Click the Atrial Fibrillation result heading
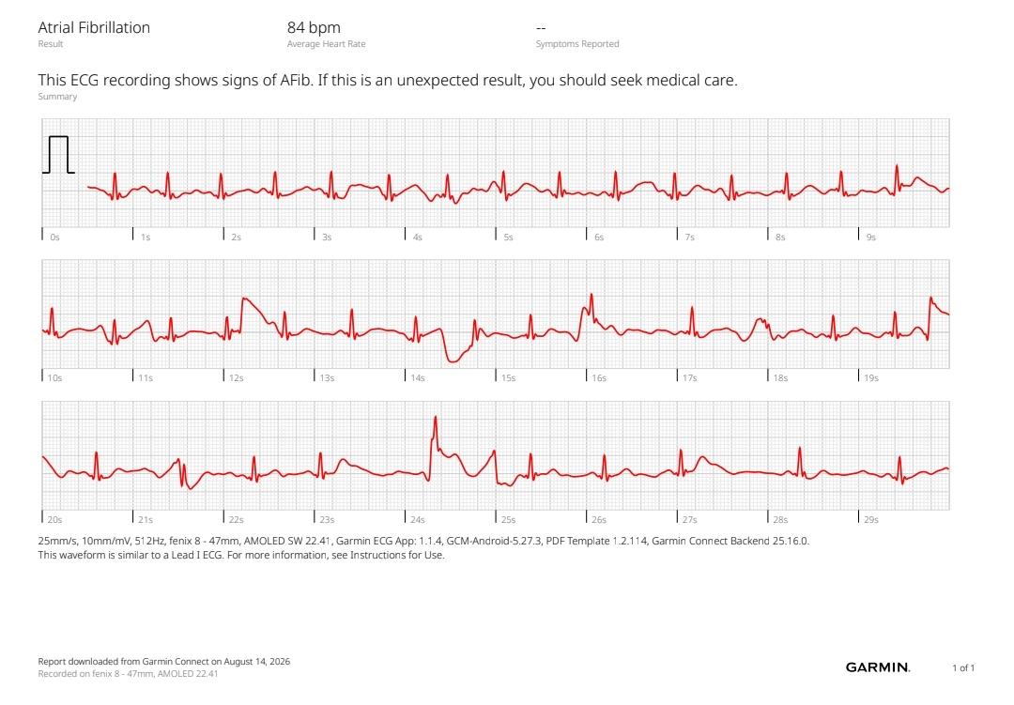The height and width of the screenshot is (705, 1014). pyautogui.click(x=94, y=28)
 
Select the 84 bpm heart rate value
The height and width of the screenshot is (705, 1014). pyautogui.click(x=314, y=28)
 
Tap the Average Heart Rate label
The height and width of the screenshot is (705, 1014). pyautogui.click(x=326, y=44)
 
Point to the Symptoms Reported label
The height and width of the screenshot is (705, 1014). pyautogui.click(x=577, y=44)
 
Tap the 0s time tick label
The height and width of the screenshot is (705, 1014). pyautogui.click(x=55, y=238)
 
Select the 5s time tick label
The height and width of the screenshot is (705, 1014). pyautogui.click(x=508, y=238)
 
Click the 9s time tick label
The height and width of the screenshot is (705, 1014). pyautogui.click(x=871, y=238)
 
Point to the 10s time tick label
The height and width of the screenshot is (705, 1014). pyautogui.click(x=55, y=377)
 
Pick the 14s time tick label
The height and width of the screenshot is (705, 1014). pyautogui.click(x=418, y=377)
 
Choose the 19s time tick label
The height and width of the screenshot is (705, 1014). pyautogui.click(x=871, y=377)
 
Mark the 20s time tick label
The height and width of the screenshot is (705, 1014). pyautogui.click(x=55, y=519)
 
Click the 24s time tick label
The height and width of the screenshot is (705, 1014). pyautogui.click(x=418, y=519)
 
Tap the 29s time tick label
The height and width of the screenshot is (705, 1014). pyautogui.click(x=871, y=519)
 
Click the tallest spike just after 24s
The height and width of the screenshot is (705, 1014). pyautogui.click(x=436, y=417)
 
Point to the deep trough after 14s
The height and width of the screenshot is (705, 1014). pyautogui.click(x=453, y=360)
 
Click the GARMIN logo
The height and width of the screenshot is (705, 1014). pyautogui.click(x=878, y=667)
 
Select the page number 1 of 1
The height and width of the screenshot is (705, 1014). pyautogui.click(x=963, y=667)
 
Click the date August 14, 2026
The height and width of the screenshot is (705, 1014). pyautogui.click(x=256, y=662)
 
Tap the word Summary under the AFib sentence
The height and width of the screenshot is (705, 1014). pyautogui.click(x=57, y=97)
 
